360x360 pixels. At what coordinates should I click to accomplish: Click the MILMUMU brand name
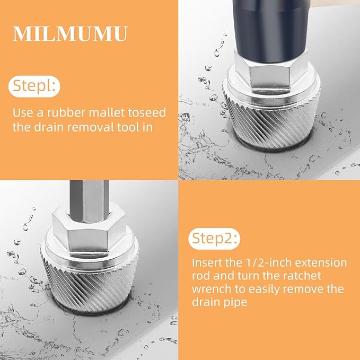(70, 33)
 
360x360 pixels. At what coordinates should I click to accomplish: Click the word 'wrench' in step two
(211, 289)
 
